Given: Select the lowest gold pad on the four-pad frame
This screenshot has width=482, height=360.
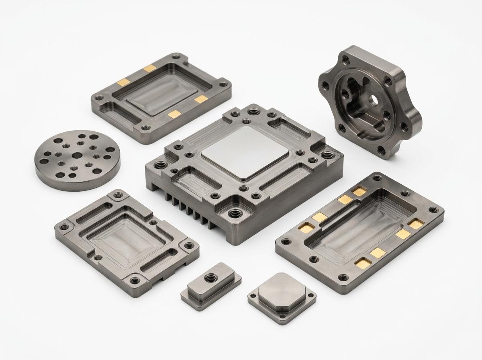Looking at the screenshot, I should (174, 115).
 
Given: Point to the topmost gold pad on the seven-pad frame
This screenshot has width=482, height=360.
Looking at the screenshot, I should (359, 192).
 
